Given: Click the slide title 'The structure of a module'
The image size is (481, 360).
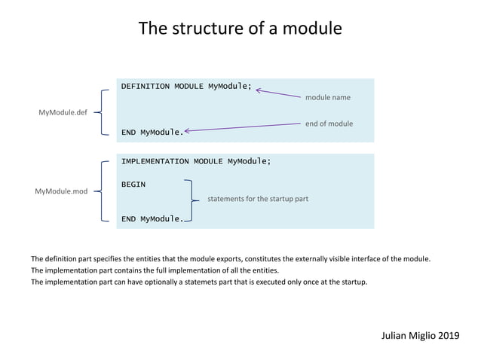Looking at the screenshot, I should point(240,29).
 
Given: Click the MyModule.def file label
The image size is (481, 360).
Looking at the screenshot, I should point(63,112).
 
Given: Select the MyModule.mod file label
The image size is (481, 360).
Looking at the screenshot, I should point(61,191).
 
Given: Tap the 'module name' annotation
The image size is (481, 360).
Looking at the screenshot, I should point(327,97).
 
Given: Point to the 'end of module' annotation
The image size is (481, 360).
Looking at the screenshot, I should point(329,124).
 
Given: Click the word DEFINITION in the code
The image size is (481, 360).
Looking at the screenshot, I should point(146,87).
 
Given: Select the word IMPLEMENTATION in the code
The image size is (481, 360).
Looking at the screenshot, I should point(155,161).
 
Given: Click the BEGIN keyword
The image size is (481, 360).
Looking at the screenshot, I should point(133,184).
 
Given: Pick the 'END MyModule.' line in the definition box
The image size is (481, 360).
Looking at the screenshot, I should point(152,133).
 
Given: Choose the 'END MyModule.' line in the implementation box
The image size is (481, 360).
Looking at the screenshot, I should point(152,219).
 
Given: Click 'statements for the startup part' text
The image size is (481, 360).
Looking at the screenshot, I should point(258,200).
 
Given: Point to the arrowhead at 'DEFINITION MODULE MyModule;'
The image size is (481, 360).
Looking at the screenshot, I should point(259,90).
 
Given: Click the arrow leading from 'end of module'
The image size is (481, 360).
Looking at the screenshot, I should point(241,127).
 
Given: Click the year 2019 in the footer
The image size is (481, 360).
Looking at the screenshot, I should point(447,334).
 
